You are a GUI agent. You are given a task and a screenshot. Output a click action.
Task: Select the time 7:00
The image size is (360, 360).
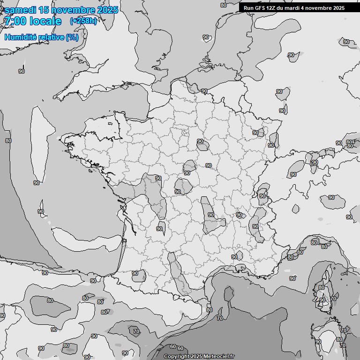click(x=15, y=21)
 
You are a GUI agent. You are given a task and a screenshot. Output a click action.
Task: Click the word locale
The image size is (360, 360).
click(x=45, y=21)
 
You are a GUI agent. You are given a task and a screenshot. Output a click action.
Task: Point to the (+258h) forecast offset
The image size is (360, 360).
click(x=83, y=21)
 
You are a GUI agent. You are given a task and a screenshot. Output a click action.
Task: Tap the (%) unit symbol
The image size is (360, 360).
click(x=72, y=37)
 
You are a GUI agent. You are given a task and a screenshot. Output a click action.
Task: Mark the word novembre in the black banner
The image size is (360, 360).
click(x=322, y=8)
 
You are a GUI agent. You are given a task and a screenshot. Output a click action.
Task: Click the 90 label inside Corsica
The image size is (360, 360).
click(x=322, y=300)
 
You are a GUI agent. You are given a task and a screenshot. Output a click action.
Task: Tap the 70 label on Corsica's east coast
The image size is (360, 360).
click(x=333, y=299)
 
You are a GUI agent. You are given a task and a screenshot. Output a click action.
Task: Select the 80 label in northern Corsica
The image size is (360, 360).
click(x=321, y=288)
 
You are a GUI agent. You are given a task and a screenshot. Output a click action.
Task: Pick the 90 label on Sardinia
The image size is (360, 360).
click(x=318, y=342)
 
